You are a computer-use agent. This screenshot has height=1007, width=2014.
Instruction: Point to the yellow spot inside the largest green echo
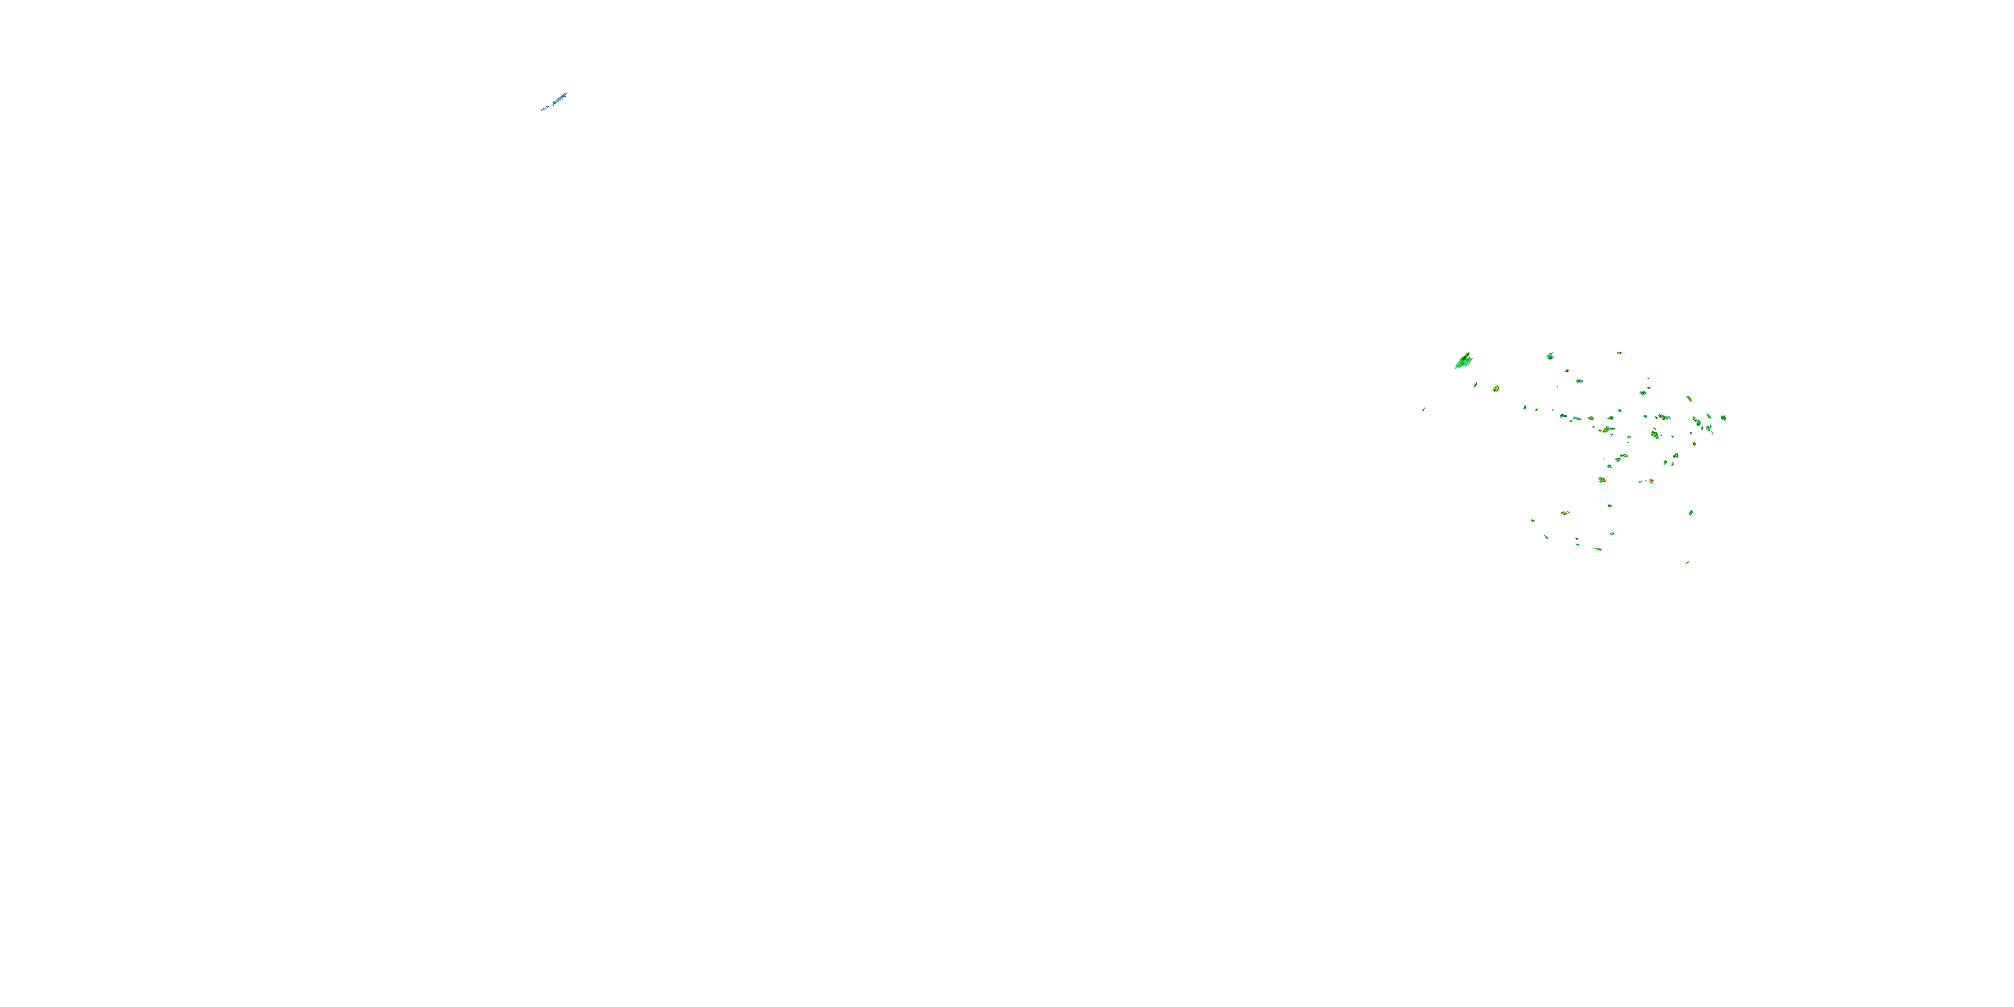click(1467, 356)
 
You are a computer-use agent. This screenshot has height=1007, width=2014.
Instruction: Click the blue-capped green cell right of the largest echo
click(1550, 356)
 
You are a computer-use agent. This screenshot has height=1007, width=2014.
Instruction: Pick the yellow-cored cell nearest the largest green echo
click(1496, 389)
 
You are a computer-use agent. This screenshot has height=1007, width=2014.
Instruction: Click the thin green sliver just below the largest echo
click(1476, 385)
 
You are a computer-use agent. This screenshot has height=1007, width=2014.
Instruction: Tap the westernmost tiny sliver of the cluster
click(1424, 410)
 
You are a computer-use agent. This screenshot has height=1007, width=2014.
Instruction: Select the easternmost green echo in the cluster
click(1723, 418)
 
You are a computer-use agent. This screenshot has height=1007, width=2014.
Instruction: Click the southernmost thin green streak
click(1687, 563)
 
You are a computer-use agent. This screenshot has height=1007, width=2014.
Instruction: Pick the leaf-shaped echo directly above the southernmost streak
click(1691, 513)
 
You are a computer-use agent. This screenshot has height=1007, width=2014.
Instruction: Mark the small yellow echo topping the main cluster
click(1619, 353)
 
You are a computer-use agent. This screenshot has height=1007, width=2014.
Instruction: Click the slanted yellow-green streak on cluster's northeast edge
click(1689, 399)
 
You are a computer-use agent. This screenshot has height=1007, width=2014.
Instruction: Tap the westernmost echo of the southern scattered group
click(1533, 521)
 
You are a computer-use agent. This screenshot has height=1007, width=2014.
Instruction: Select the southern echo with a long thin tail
click(1598, 550)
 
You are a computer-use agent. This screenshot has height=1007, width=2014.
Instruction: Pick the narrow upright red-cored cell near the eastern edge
click(1694, 444)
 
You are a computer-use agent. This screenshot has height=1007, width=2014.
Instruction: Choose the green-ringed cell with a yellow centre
click(1643, 393)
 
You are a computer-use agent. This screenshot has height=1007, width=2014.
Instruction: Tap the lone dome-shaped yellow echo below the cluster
click(1610, 506)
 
